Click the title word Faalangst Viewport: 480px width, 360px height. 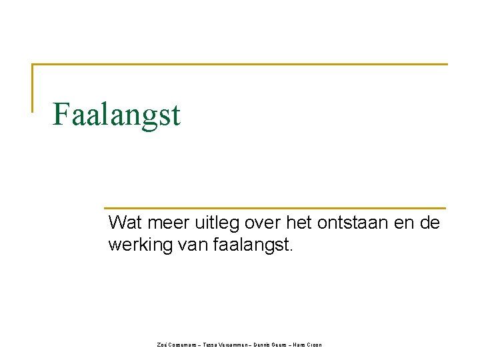coord(117,114)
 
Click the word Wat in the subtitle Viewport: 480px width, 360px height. coord(122,223)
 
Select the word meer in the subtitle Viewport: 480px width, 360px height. coord(159,223)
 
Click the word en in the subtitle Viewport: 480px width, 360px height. coord(394,223)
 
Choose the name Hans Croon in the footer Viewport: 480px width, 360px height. coord(308,345)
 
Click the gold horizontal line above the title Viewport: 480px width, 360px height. coord(240,65)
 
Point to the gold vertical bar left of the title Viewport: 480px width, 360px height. coord(33,87)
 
